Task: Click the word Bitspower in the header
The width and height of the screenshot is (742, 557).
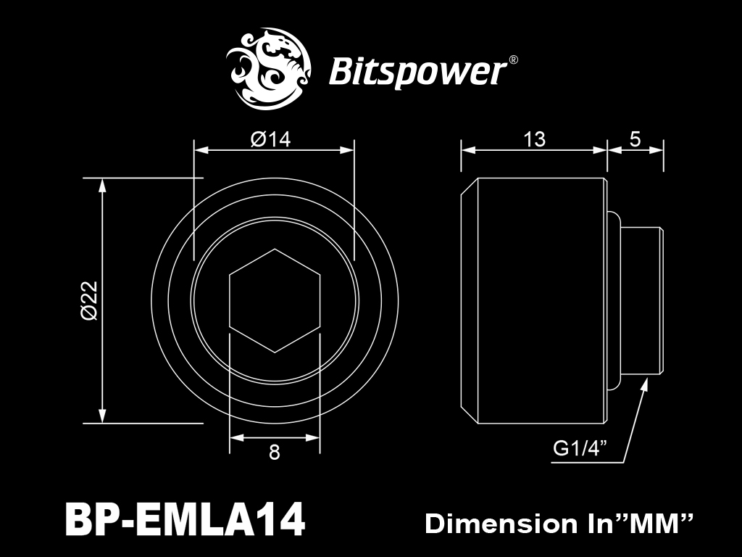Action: point(417,73)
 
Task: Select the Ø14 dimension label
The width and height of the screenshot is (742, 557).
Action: point(271,139)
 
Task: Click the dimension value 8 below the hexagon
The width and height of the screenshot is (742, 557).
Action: point(275,453)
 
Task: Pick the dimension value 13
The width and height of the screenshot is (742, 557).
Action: point(534,139)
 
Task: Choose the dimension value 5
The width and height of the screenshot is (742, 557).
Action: point(635,139)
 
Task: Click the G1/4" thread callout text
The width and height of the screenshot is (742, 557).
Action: point(580,447)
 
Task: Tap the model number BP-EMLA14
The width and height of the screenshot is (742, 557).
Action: point(185,519)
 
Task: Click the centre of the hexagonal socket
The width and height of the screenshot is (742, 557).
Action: point(275,301)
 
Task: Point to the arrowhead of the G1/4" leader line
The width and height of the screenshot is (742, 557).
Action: point(644,384)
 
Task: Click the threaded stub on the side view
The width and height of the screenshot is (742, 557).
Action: point(642,301)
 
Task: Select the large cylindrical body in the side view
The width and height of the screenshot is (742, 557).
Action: point(533,301)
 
